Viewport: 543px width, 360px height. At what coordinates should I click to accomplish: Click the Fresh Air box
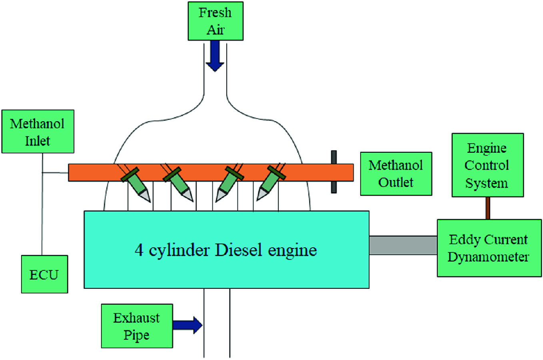(x=216, y=21)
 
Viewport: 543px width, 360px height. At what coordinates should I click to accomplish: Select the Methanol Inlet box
(x=38, y=132)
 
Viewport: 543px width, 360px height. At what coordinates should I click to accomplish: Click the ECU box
(x=44, y=274)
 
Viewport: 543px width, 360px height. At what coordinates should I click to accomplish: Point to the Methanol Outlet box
(x=396, y=174)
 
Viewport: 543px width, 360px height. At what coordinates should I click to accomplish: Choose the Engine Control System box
(x=487, y=165)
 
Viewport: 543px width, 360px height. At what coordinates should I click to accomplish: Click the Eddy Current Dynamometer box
(x=489, y=248)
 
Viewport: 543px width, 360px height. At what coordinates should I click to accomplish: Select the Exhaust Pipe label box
(x=137, y=326)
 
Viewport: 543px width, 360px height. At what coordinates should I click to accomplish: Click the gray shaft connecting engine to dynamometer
(x=403, y=245)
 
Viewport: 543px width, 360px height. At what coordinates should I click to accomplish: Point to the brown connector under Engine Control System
(x=488, y=208)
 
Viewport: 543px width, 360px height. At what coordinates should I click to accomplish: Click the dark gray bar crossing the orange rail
(x=334, y=172)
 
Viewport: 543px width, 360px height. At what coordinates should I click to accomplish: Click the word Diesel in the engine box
(x=239, y=250)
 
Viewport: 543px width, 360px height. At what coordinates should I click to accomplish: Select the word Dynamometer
(x=488, y=257)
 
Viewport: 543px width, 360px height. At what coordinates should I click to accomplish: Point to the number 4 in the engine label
(x=139, y=250)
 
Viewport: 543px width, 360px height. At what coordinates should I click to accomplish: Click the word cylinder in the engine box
(x=179, y=251)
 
